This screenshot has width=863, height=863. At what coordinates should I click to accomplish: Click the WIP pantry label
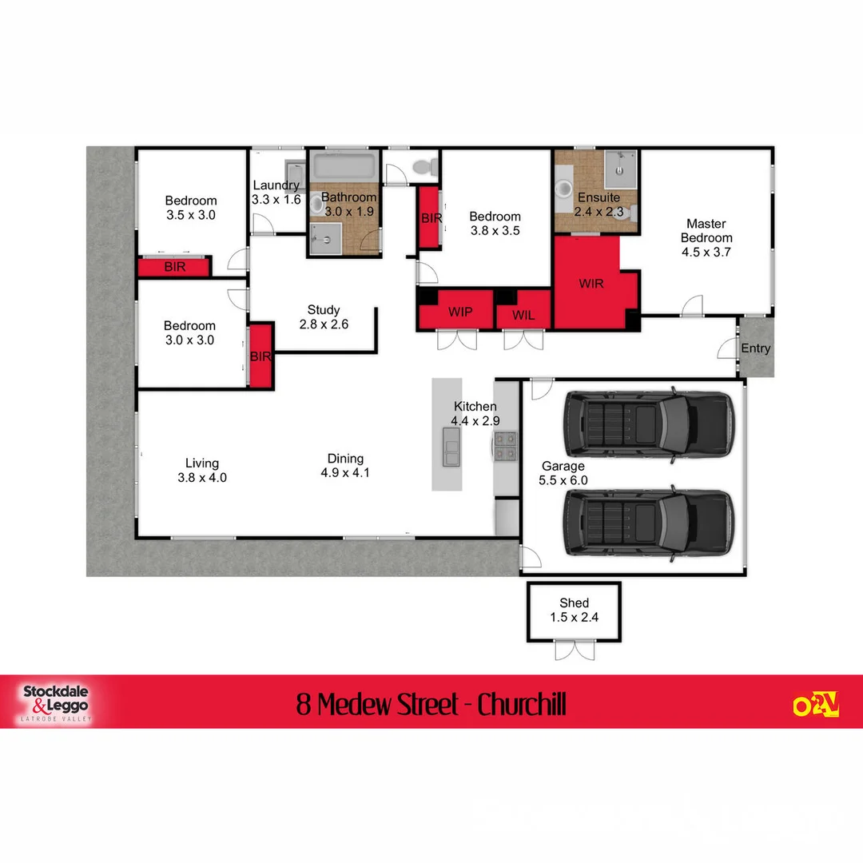tap(459, 311)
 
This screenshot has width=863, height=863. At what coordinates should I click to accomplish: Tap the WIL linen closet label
tap(523, 315)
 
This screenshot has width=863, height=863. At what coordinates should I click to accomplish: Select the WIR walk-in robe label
tap(591, 284)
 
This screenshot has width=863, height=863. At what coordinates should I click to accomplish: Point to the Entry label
tap(756, 348)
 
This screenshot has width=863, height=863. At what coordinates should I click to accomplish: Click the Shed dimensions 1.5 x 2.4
tap(574, 617)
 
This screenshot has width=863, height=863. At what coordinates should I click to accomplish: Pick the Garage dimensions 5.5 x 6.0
tap(563, 480)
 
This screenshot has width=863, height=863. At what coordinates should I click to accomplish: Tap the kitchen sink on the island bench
tap(451, 451)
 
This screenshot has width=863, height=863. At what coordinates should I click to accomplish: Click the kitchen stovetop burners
tap(505, 447)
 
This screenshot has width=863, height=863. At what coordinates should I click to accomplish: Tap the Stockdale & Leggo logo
tap(55, 702)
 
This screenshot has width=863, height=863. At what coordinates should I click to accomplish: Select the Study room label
tap(324, 310)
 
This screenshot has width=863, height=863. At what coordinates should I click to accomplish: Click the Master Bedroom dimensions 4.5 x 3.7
tap(706, 252)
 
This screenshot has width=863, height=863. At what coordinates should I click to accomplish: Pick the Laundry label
tap(276, 185)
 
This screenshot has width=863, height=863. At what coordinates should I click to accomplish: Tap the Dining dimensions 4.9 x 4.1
tap(345, 472)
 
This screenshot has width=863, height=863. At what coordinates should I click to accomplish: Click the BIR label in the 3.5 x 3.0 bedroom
tap(174, 267)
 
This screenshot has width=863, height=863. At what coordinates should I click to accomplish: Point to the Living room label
tap(201, 463)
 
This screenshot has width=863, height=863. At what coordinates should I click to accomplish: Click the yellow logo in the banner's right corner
tap(815, 704)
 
